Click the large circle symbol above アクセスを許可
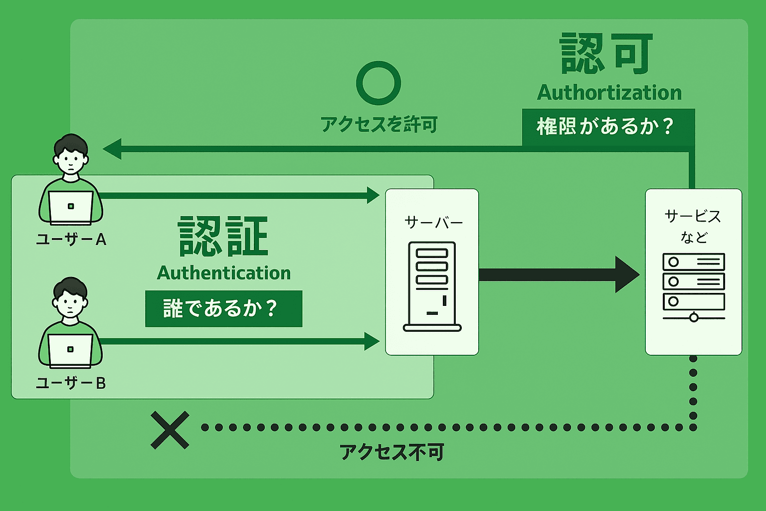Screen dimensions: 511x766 (379, 83)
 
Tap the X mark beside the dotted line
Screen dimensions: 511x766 (170, 430)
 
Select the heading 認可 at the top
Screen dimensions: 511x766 (606, 54)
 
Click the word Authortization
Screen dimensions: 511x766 (609, 93)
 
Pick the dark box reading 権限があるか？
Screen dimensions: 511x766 (608, 127)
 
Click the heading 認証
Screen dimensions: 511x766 (223, 237)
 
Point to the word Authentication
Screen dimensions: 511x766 (224, 273)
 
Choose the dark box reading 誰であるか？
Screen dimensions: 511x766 (223, 309)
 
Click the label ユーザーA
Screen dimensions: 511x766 (71, 240)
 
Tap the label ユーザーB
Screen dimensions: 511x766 (71, 383)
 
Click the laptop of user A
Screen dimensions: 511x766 (71, 207)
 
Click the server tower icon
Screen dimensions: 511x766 (432, 286)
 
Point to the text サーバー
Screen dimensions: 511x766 (433, 223)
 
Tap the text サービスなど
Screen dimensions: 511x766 (693, 226)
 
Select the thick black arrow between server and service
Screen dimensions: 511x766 (559, 274)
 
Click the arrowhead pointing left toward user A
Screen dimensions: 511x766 (112, 149)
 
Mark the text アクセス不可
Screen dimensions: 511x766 (391, 453)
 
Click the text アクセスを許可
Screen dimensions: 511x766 (379, 124)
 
